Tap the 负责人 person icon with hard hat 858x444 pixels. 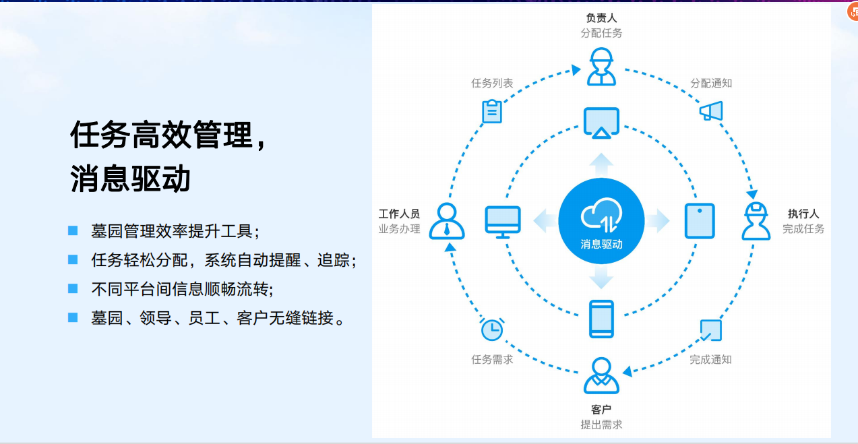pyautogui.click(x=601, y=66)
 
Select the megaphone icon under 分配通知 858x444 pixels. pyautogui.click(x=711, y=110)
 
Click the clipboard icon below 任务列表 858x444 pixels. pyautogui.click(x=492, y=111)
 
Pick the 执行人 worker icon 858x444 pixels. pyautogui.click(x=756, y=221)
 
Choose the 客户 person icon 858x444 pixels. pyautogui.click(x=601, y=376)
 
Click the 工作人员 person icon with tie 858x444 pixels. pyautogui.click(x=447, y=221)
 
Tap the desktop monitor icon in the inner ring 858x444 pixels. pyautogui.click(x=503, y=222)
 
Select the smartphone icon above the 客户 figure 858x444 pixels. pyautogui.click(x=601, y=319)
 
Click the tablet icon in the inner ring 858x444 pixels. pyautogui.click(x=700, y=221)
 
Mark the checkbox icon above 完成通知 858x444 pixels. pyautogui.click(x=710, y=330)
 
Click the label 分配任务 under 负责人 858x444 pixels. pyautogui.click(x=601, y=33)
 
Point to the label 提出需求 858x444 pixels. pyautogui.click(x=601, y=424)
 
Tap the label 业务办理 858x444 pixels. pyautogui.click(x=399, y=229)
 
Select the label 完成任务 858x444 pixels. pyautogui.click(x=803, y=229)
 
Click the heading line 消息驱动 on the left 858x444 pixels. pyautogui.click(x=131, y=179)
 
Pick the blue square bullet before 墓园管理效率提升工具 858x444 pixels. pyautogui.click(x=73, y=231)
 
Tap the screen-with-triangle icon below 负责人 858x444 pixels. pyautogui.click(x=601, y=123)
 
